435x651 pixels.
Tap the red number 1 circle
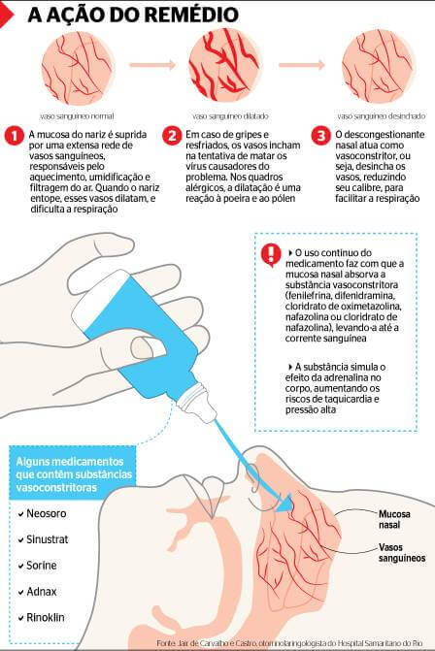click(15, 135)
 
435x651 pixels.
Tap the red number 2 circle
click(171, 135)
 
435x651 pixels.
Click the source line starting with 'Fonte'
click(291, 642)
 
